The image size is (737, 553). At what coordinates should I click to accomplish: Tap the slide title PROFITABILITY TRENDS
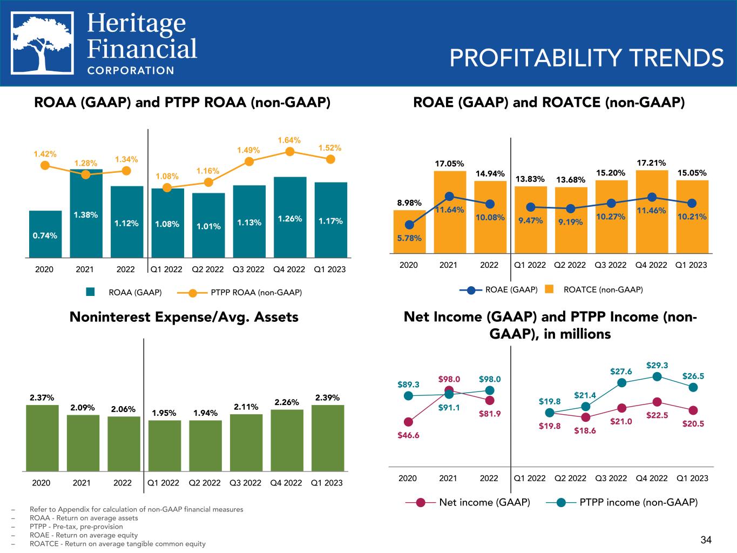pyautogui.click(x=586, y=58)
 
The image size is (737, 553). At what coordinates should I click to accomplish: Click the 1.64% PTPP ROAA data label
pyautogui.click(x=289, y=140)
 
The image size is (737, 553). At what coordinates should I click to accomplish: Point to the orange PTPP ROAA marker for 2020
pyautogui.click(x=45, y=166)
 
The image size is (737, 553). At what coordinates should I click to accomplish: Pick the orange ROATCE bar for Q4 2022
pyautogui.click(x=652, y=211)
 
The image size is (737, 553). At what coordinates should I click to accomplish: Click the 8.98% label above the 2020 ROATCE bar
pyautogui.click(x=409, y=203)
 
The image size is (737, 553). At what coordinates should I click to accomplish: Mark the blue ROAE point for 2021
pyautogui.click(x=449, y=197)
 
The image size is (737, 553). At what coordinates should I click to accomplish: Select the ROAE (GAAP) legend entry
pyautogui.click(x=499, y=290)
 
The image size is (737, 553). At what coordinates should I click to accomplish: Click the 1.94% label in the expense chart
pyautogui.click(x=206, y=413)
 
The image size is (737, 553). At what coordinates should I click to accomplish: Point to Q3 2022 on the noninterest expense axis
pyautogui.click(x=246, y=483)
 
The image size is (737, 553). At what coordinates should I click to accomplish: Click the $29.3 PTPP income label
pyautogui.click(x=657, y=366)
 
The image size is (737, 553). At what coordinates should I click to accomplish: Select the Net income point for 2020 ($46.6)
pyautogui.click(x=408, y=422)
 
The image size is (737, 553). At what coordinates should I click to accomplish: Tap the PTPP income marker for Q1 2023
pyautogui.click(x=693, y=387)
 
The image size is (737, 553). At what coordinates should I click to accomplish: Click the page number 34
pyautogui.click(x=706, y=539)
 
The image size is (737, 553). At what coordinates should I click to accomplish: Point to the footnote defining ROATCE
pyautogui.click(x=118, y=544)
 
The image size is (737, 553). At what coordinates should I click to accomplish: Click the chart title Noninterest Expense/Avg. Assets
pyautogui.click(x=184, y=317)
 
